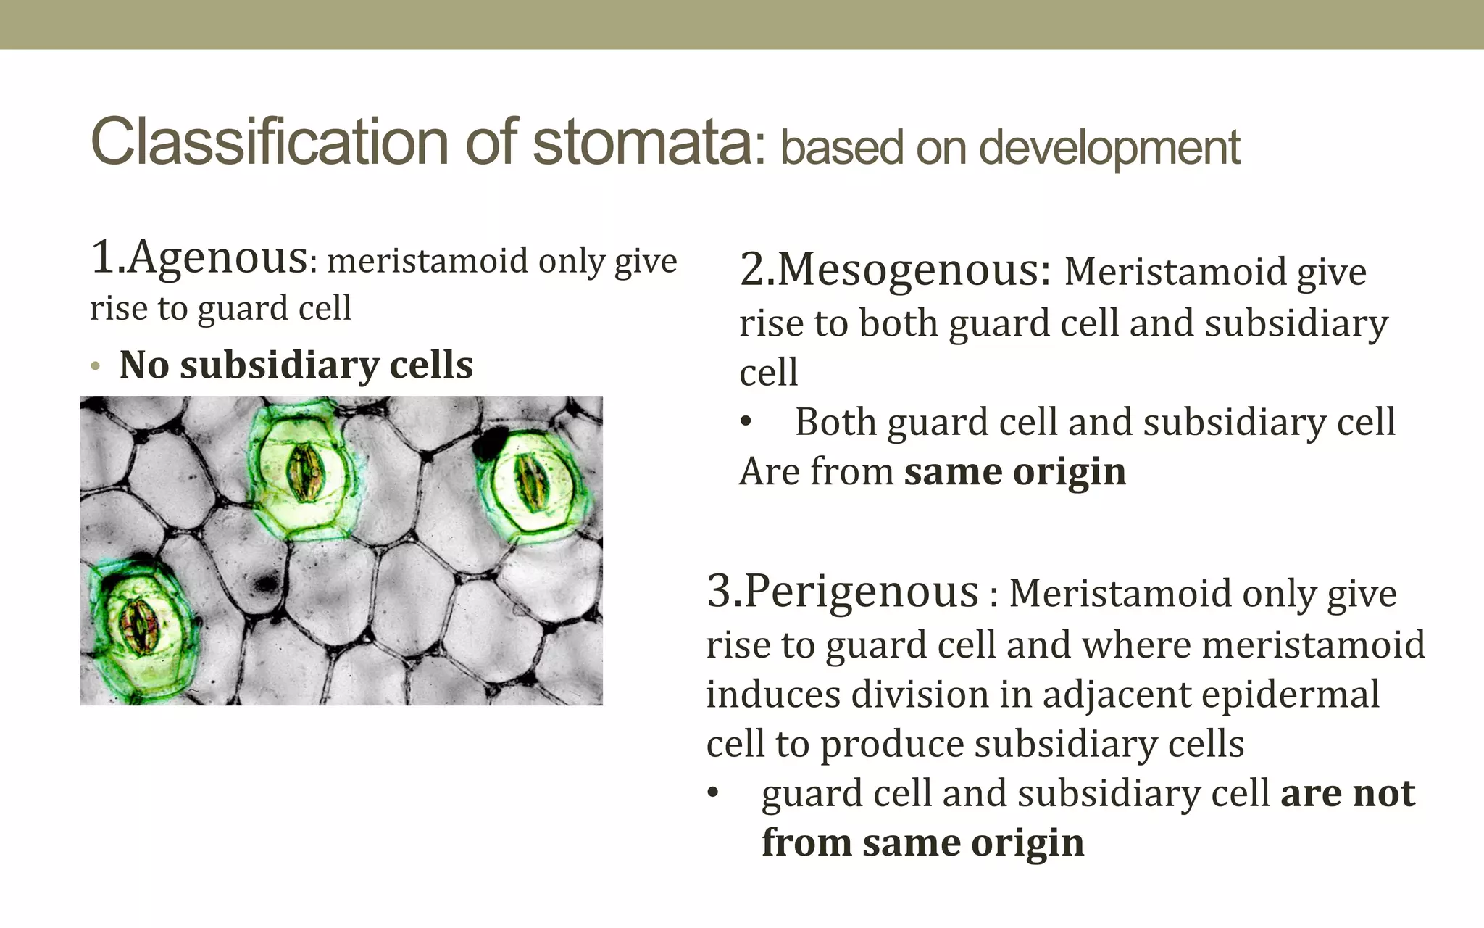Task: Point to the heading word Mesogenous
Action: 913,270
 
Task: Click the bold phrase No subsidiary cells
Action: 296,365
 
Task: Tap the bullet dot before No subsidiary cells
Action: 96,367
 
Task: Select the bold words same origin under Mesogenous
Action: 1014,472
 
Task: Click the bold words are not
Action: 1347,793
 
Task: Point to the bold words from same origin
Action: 922,843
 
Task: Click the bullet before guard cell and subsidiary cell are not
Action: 713,794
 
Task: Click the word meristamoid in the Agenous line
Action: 427,261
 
